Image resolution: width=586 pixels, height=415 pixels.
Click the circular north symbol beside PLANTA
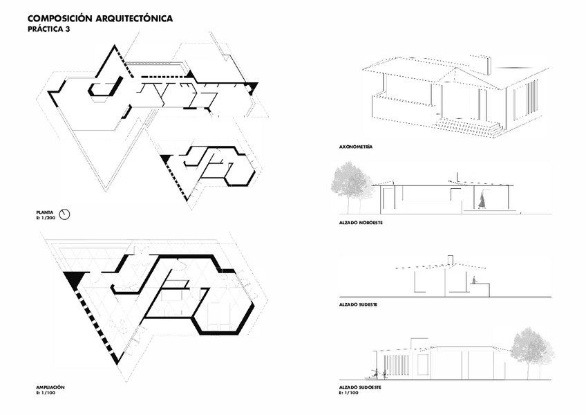(66, 214)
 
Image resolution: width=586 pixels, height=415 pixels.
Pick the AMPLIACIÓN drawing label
(50, 387)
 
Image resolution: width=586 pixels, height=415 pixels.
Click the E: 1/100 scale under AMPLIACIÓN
(46, 393)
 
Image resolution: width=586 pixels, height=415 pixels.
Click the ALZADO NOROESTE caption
(361, 223)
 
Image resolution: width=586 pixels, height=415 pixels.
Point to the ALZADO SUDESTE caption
(358, 304)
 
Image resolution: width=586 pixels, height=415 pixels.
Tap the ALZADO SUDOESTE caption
(360, 387)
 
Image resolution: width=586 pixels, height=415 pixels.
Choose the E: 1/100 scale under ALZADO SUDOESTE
(349, 393)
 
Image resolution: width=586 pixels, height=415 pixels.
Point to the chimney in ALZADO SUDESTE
(450, 260)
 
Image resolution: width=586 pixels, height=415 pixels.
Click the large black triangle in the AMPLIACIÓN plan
(73, 280)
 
